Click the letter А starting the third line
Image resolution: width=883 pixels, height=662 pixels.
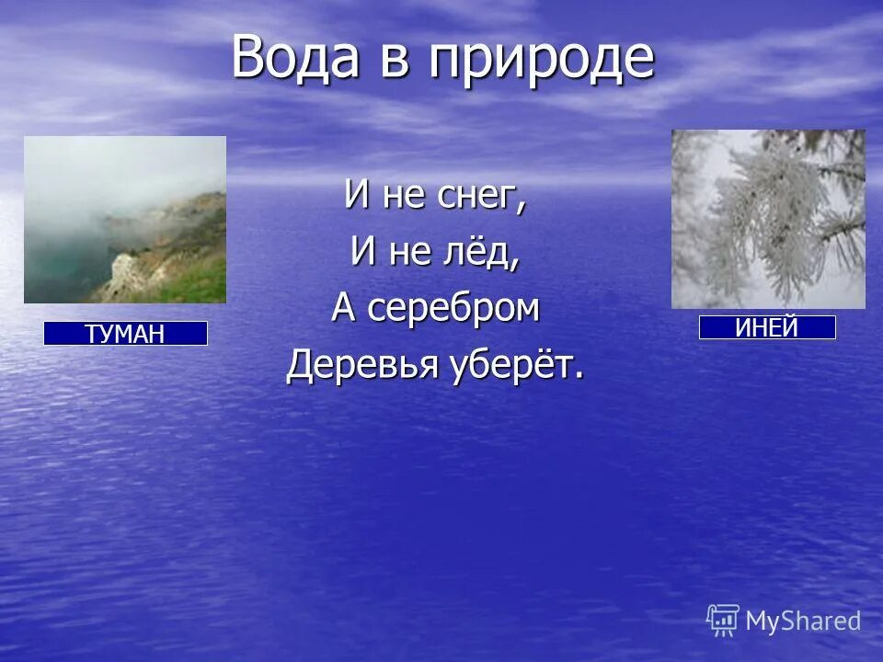343,310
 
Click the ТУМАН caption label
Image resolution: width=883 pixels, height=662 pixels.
125,334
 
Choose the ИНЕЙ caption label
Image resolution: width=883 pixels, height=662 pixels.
767,327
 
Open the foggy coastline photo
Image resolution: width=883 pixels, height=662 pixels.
125,220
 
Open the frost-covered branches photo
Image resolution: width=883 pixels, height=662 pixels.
768,219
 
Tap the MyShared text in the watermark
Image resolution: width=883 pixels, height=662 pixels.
803,621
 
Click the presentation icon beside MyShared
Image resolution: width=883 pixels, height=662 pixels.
723,621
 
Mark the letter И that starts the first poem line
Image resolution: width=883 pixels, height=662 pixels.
354,196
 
